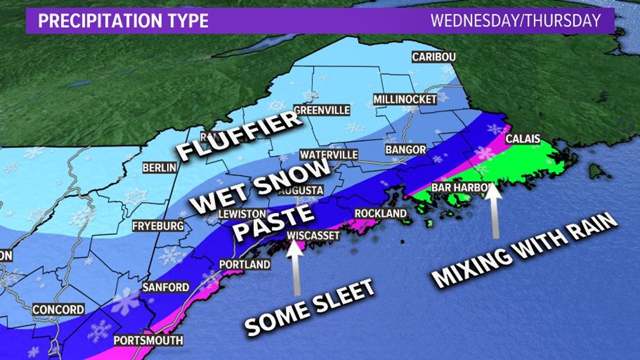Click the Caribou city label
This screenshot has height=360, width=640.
[433, 57]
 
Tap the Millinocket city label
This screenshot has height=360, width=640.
[405, 99]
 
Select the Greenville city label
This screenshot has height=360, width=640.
[322, 110]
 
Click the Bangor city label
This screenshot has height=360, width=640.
[405, 150]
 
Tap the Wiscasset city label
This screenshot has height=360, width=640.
[313, 235]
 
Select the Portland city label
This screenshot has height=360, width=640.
[244, 264]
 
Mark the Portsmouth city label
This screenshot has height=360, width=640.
[148, 340]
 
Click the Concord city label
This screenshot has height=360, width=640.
[58, 309]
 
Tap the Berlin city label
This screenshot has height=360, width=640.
[159, 167]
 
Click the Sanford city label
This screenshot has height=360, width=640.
[166, 287]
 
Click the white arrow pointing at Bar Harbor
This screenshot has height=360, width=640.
[493, 211]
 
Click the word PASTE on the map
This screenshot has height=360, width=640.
[271, 220]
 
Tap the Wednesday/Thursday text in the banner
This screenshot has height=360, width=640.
[515, 21]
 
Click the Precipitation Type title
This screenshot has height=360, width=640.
[122, 21]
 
